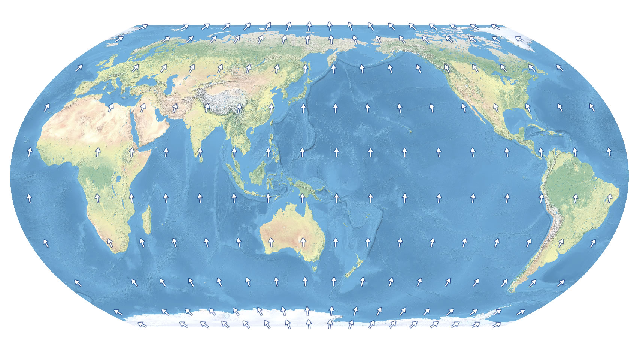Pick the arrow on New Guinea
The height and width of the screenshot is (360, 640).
click(302, 197)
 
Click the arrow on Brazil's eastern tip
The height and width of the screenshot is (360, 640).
click(610, 197)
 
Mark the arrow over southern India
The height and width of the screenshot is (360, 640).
click(200, 152)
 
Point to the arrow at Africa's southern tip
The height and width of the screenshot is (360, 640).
click(110, 243)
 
